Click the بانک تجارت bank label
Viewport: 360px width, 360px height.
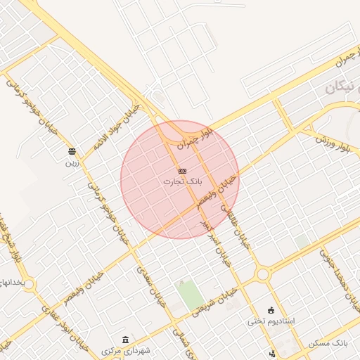point(182,181)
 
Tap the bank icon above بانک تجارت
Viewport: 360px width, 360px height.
point(182,171)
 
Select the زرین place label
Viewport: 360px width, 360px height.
point(72,162)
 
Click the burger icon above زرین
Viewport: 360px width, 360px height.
point(72,152)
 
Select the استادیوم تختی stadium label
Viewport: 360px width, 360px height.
point(271,321)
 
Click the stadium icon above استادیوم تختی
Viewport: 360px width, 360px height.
point(271,310)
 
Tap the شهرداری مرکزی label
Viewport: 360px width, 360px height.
point(126,350)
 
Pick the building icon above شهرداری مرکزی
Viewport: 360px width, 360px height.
point(126,340)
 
